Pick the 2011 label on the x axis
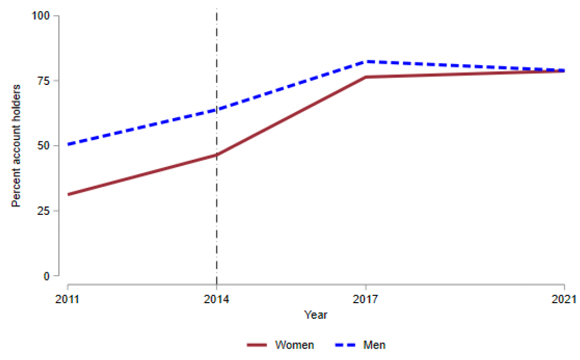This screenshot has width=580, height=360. pyautogui.click(x=67, y=299)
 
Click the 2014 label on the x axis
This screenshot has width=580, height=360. pyautogui.click(x=216, y=299)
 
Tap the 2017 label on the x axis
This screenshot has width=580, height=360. pyautogui.click(x=366, y=299)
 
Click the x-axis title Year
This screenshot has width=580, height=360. pyautogui.click(x=315, y=315)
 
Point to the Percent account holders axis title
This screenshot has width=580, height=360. pyautogui.click(x=16, y=146)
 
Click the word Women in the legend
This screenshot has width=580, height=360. pyautogui.click(x=294, y=345)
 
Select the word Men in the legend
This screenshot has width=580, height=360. pyautogui.click(x=375, y=345)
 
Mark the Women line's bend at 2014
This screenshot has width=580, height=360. pyautogui.click(x=216, y=155)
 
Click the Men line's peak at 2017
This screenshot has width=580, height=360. pyautogui.click(x=366, y=61)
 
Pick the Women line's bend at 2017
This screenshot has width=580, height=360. pyautogui.click(x=366, y=77)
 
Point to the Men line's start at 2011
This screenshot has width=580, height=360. pyautogui.click(x=68, y=145)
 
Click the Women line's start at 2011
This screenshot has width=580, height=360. pyautogui.click(x=68, y=195)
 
